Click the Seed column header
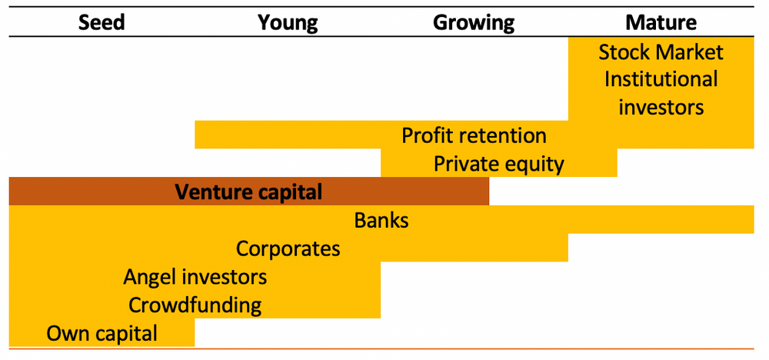pos(101,22)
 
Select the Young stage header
pos(288,22)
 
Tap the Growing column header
pos(474,22)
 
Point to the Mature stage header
pos(661,22)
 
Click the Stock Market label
pos(661,52)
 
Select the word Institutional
pos(661,79)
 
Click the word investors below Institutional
pos(661,107)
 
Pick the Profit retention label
pos(474,135)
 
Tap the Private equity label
pos(498,164)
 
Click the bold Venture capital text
pos(248,192)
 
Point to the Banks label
pos(381,220)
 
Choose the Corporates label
pos(288,248)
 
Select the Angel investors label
pos(195,276)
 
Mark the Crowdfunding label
pos(195,305)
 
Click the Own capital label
pos(102,333)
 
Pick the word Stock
pos(624,52)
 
